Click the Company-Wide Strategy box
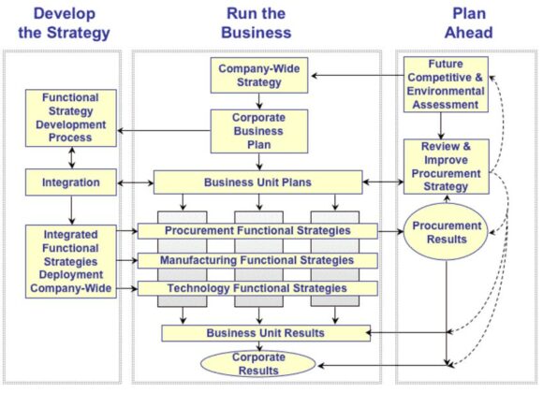[x=250, y=76]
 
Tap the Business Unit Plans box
[x=257, y=182]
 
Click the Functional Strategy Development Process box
[x=71, y=117]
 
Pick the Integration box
[x=71, y=181]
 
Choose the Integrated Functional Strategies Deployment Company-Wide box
[x=71, y=261]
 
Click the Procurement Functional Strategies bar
[x=257, y=230]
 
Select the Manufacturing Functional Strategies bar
[x=257, y=260]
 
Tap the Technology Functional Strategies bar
[x=257, y=289]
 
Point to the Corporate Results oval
[x=257, y=363]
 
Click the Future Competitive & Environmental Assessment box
[x=445, y=83]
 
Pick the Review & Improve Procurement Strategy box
[x=445, y=167]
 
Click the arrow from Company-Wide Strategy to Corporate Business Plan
[x=250, y=102]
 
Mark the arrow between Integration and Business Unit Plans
[x=135, y=181]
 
